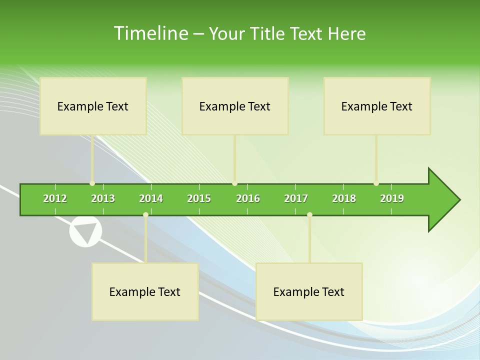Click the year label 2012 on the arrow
click(x=55, y=198)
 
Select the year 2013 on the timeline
click(x=103, y=198)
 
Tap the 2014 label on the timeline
click(x=151, y=198)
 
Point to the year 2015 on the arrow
click(x=199, y=198)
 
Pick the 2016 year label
click(x=248, y=198)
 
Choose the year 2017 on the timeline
click(x=296, y=198)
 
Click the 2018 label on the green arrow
click(x=344, y=198)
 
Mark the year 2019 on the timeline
click(x=392, y=198)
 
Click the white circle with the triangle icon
click(x=85, y=232)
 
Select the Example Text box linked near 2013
click(x=93, y=106)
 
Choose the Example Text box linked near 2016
click(x=235, y=106)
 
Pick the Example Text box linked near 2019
click(x=377, y=106)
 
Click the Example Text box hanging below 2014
click(x=145, y=291)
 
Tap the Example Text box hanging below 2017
click(x=309, y=291)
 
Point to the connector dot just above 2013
click(x=92, y=183)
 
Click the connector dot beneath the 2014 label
click(x=145, y=215)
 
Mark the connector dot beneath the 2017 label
click(x=309, y=215)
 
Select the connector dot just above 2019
click(x=376, y=183)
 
